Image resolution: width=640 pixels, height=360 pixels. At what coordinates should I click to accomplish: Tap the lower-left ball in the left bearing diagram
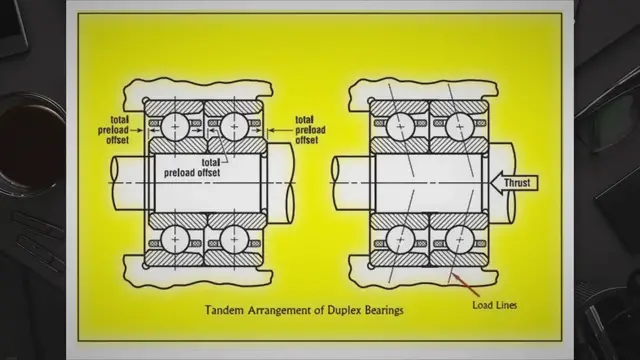176,240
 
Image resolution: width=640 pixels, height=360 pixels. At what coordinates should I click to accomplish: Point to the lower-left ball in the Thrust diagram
400,240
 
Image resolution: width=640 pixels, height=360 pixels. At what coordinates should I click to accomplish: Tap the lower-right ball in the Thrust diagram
457,240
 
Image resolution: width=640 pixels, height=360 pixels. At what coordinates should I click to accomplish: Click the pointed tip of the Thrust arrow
492,182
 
